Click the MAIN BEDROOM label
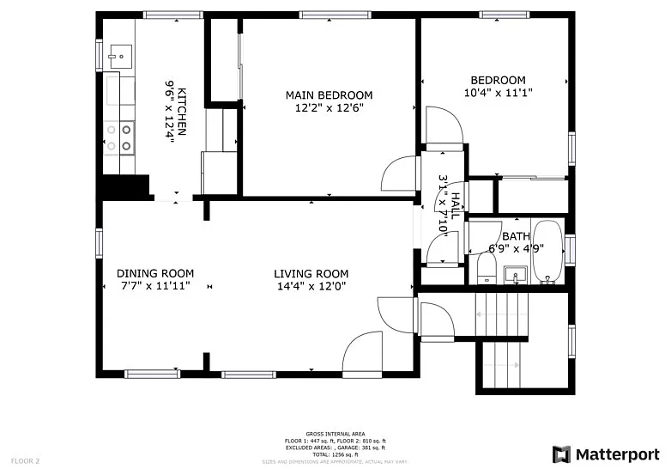coord(329,94)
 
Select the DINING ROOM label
coord(155,274)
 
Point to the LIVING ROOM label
coord(311,274)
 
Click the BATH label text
coord(516,237)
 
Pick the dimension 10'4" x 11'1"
coord(493,93)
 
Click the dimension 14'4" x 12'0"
coord(311,286)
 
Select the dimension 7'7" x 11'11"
coord(155,286)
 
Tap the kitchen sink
coord(119,57)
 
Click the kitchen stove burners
coord(119,138)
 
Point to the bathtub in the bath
coord(547,253)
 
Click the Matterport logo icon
coord(561,454)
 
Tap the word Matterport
coord(618,454)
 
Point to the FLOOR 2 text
coord(26,461)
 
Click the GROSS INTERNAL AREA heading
coord(335,435)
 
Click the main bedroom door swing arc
coord(391,172)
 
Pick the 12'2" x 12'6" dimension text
coord(329,107)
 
